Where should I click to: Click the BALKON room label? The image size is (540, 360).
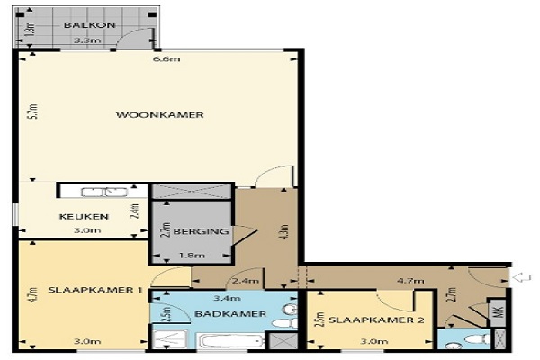coord(89,25)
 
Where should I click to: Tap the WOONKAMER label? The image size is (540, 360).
coord(160,115)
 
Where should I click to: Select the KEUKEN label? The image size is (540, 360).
coord(84,217)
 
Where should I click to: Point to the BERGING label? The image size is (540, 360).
coord(201,231)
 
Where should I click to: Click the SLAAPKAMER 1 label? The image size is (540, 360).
coord(95,290)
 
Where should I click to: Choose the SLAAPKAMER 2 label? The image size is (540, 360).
coord(376,320)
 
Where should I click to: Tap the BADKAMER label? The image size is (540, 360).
coord(230,314)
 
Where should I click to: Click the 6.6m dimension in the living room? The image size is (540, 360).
coord(166,59)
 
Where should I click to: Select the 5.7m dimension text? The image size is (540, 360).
coord(32,112)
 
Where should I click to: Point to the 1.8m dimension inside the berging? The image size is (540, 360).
coord(193,256)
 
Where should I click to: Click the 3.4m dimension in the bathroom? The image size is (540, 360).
coord(227,298)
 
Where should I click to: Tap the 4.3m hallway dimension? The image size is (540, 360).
coord(284,232)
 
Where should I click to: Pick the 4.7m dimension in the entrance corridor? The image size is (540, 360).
coord(410,281)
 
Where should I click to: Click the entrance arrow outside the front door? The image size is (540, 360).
coord(522,277)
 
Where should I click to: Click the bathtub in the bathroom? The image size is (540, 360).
coord(231,342)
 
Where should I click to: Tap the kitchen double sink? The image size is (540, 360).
coord(104,192)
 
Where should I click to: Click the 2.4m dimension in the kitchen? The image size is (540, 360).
coord(136,211)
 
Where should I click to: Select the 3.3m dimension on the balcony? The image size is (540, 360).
coord(87,40)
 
